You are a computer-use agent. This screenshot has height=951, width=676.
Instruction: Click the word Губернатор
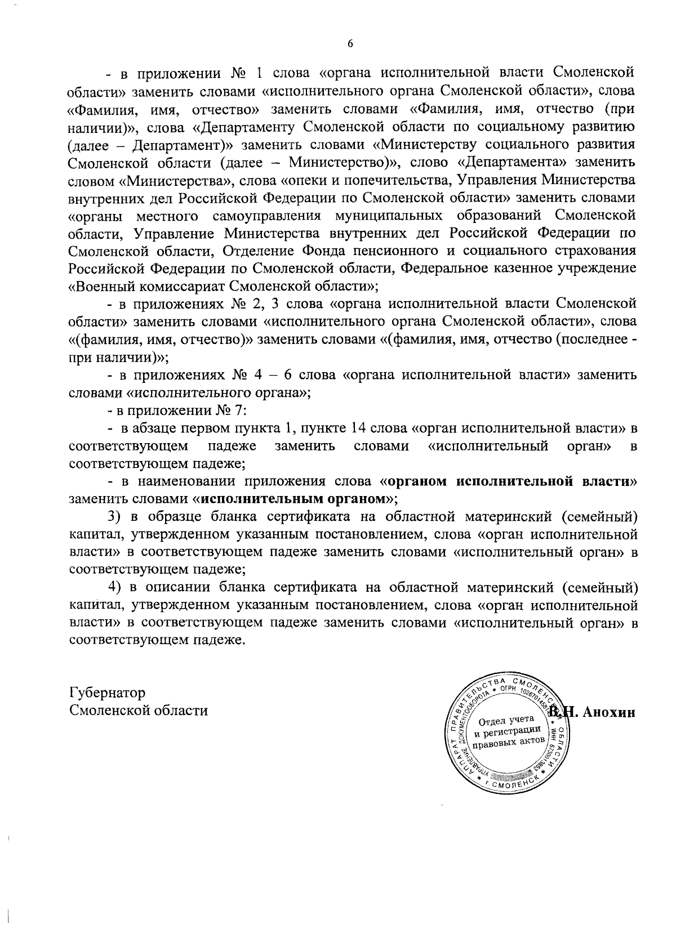coord(107,692)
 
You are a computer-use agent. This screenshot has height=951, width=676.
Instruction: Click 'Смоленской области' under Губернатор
coord(139,710)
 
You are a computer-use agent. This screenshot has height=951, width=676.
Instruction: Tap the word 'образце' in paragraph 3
coord(171,516)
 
